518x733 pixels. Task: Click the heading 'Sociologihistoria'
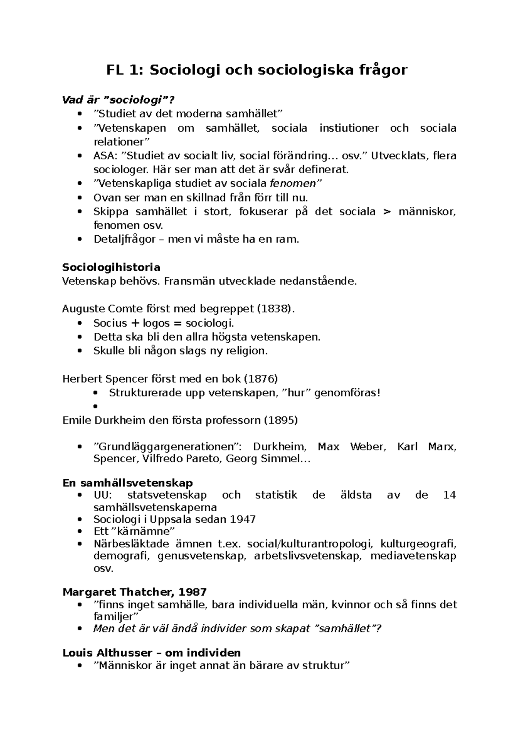coord(111,267)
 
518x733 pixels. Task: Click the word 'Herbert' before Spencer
coord(78,379)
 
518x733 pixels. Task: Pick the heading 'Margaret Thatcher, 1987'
coord(135,591)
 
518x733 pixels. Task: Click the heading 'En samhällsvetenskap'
coord(127,483)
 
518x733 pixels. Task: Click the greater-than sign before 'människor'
coord(387,212)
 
